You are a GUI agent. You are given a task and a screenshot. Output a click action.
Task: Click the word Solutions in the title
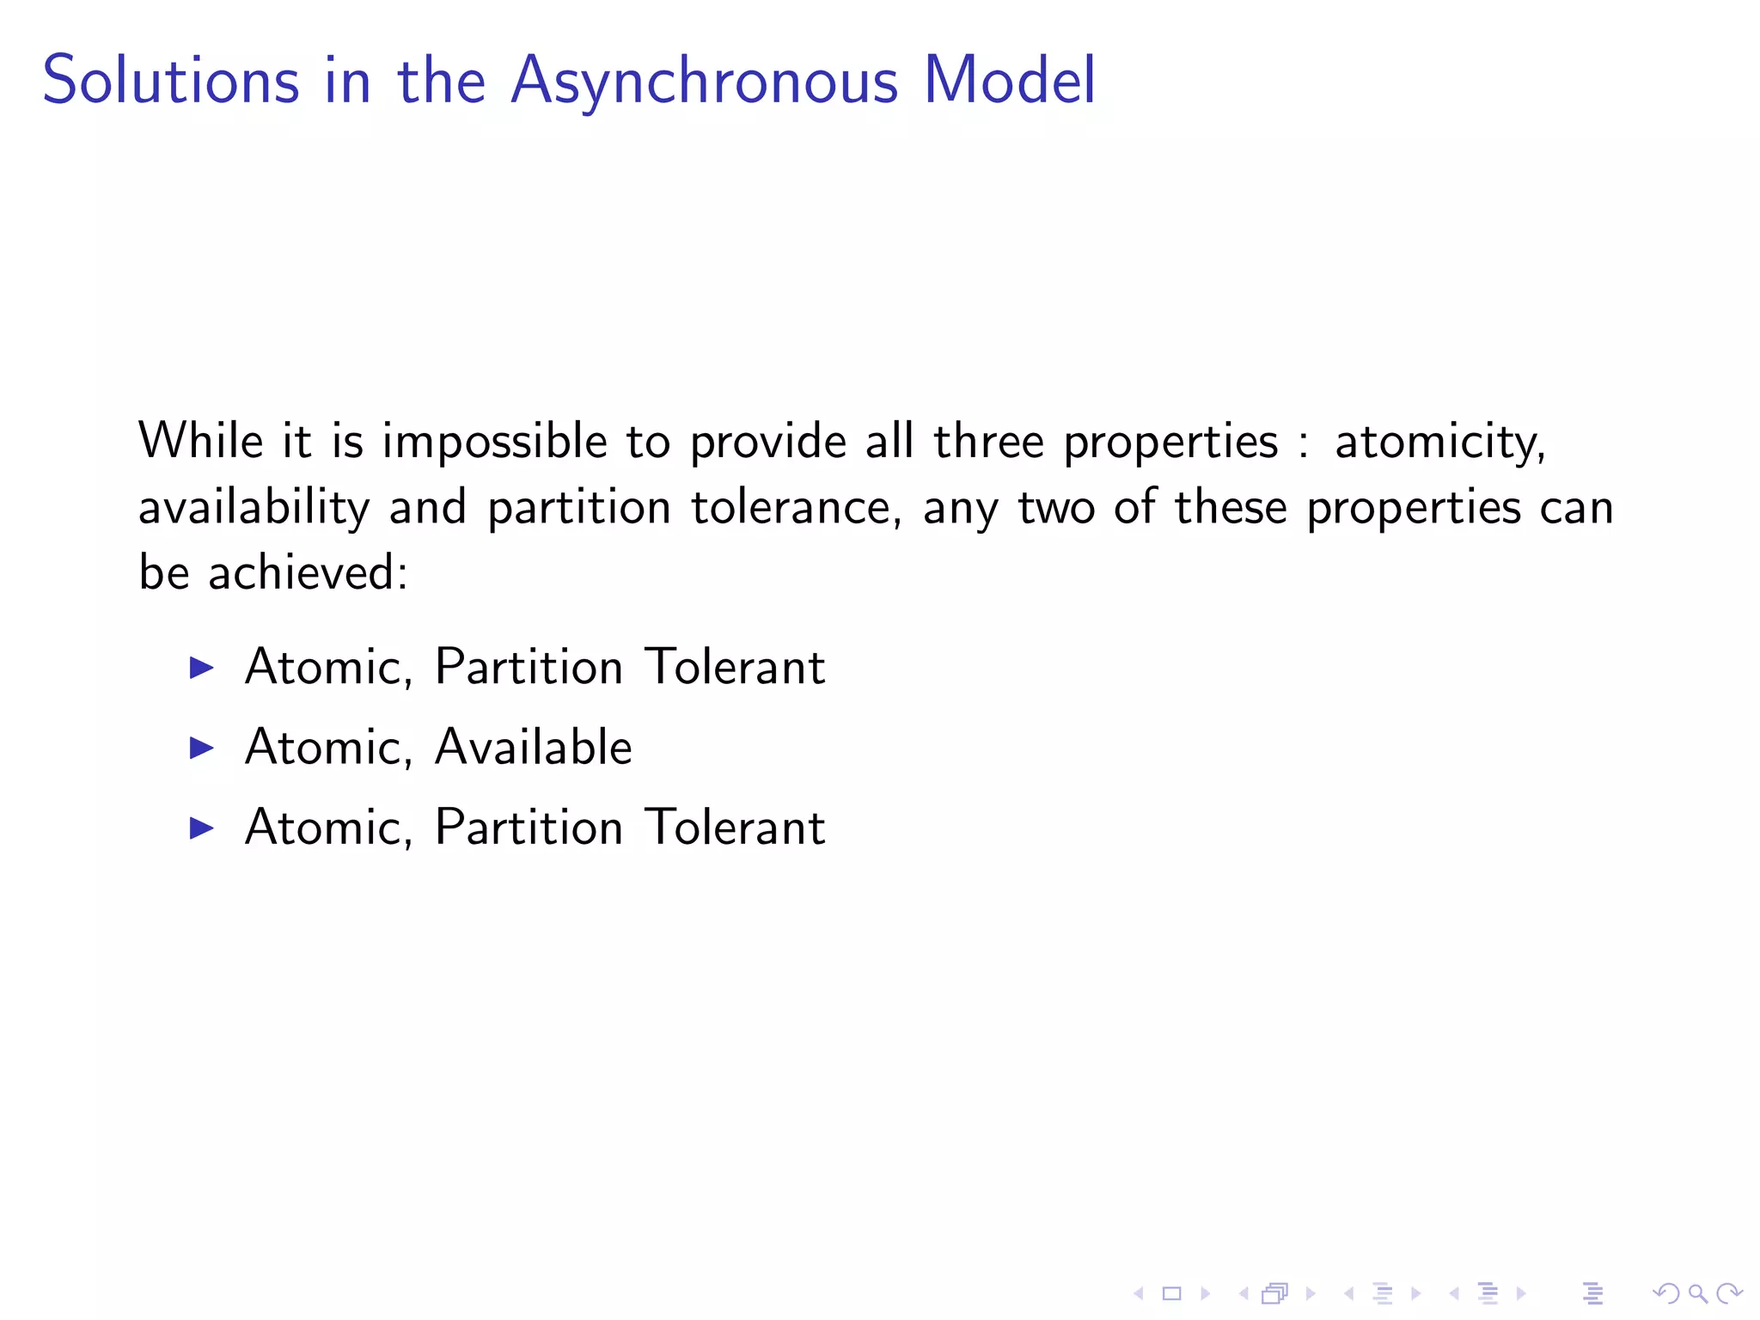[x=171, y=80]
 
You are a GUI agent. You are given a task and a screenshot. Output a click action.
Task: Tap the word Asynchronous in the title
[x=704, y=82]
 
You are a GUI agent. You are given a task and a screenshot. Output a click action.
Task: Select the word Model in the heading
[x=1009, y=80]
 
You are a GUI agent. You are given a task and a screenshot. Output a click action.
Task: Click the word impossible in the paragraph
[x=494, y=443]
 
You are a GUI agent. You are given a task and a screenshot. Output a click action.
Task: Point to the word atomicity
[x=1439, y=443]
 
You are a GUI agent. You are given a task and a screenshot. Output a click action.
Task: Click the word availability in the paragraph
[x=254, y=508]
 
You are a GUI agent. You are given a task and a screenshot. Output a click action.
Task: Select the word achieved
[x=307, y=572]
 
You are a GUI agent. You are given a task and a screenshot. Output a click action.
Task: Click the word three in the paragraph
[x=987, y=442]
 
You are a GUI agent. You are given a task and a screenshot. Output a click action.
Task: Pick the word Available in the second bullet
[x=533, y=746]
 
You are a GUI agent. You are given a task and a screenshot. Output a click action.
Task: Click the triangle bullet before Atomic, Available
[x=201, y=748]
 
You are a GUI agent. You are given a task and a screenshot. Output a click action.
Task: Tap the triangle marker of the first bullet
[x=201, y=668]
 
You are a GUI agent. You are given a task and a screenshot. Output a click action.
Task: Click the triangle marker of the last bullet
[x=201, y=828]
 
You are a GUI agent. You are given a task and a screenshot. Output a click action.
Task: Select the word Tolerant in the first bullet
[x=735, y=666]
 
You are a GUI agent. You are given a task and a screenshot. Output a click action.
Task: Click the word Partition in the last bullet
[x=529, y=827]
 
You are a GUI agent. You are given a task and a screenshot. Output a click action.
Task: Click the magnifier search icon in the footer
[x=1697, y=1293]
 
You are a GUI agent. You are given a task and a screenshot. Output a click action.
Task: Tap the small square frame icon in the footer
[x=1171, y=1293]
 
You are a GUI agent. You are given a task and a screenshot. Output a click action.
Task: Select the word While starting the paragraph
[x=201, y=442]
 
